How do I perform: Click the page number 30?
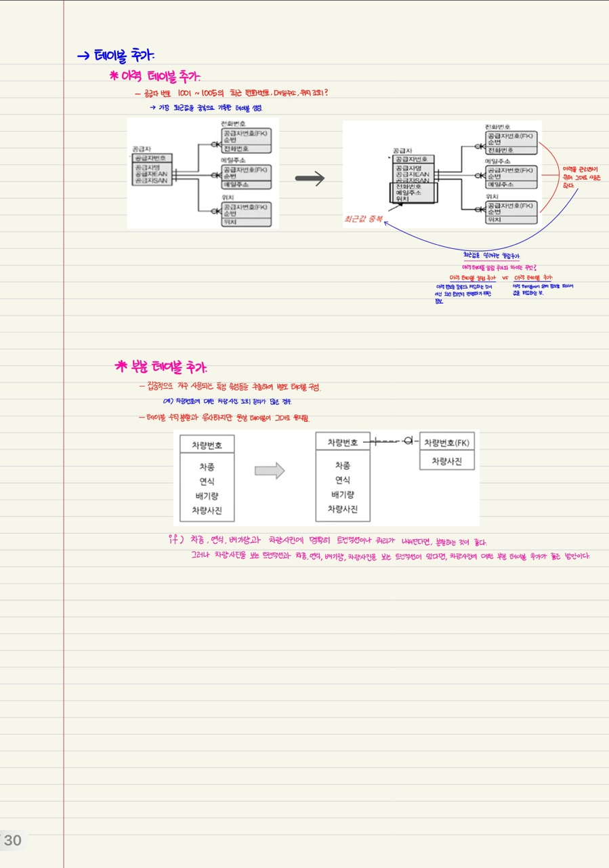click(x=13, y=841)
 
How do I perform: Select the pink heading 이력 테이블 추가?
click(x=159, y=77)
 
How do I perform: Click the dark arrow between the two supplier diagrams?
click(x=310, y=178)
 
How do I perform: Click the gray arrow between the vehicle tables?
click(x=269, y=471)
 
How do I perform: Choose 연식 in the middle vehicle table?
click(x=343, y=480)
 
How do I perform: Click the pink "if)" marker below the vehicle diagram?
click(x=174, y=540)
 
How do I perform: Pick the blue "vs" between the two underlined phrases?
click(x=505, y=278)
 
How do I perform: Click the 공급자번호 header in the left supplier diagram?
click(x=152, y=157)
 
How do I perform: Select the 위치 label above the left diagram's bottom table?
click(x=227, y=197)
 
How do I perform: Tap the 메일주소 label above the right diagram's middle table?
click(x=498, y=161)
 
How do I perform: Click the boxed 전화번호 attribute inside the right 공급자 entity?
click(x=408, y=186)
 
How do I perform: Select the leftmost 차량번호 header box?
click(x=207, y=445)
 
